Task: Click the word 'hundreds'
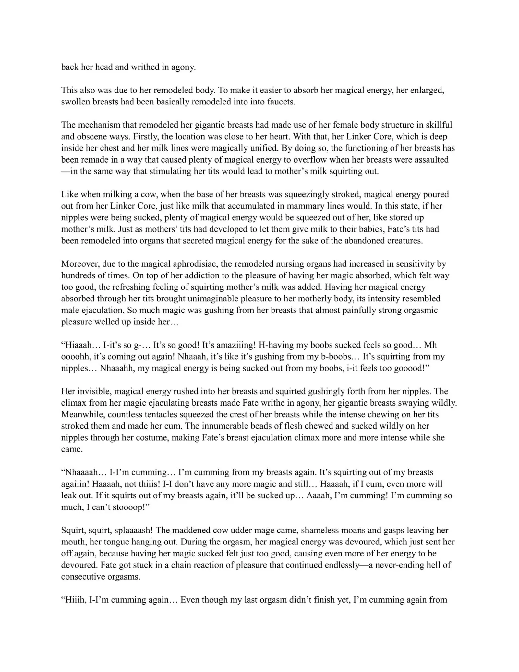click(x=78, y=275)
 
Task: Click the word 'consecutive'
click(x=84, y=577)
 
